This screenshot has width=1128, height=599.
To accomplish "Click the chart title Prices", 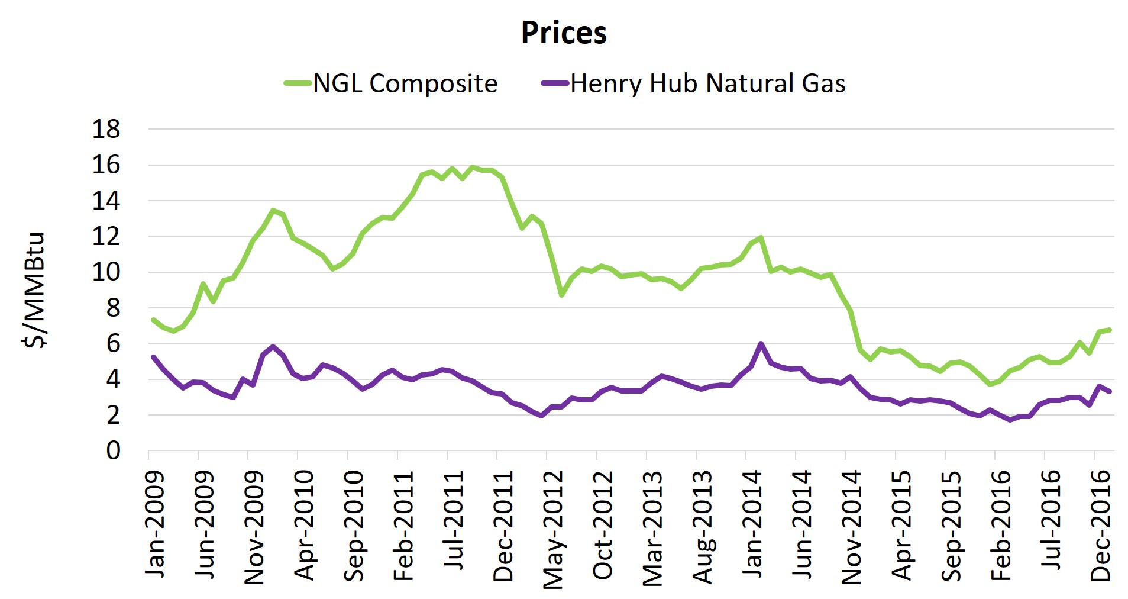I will (563, 33).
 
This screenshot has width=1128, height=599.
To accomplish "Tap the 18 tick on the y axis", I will (106, 129).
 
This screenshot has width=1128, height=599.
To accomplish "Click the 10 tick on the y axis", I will (106, 272).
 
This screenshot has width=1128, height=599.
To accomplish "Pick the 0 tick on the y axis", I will (113, 450).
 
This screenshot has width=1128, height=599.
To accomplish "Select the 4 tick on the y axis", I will (113, 379).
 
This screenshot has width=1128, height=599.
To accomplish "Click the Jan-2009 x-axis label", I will (155, 523).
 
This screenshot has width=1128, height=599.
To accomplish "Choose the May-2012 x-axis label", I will (553, 529).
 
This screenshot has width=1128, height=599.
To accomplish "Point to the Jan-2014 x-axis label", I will (752, 523).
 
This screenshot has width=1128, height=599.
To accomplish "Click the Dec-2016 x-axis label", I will (1101, 525).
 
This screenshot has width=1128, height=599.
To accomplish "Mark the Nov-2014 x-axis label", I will (852, 527).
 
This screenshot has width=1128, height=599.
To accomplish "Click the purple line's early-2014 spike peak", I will (761, 343).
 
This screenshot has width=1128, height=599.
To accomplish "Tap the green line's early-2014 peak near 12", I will (761, 237).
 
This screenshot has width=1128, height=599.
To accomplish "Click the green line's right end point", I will (1110, 330).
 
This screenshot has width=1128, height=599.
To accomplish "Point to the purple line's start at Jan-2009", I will (153, 357).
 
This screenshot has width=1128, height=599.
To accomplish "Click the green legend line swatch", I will (298, 83).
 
